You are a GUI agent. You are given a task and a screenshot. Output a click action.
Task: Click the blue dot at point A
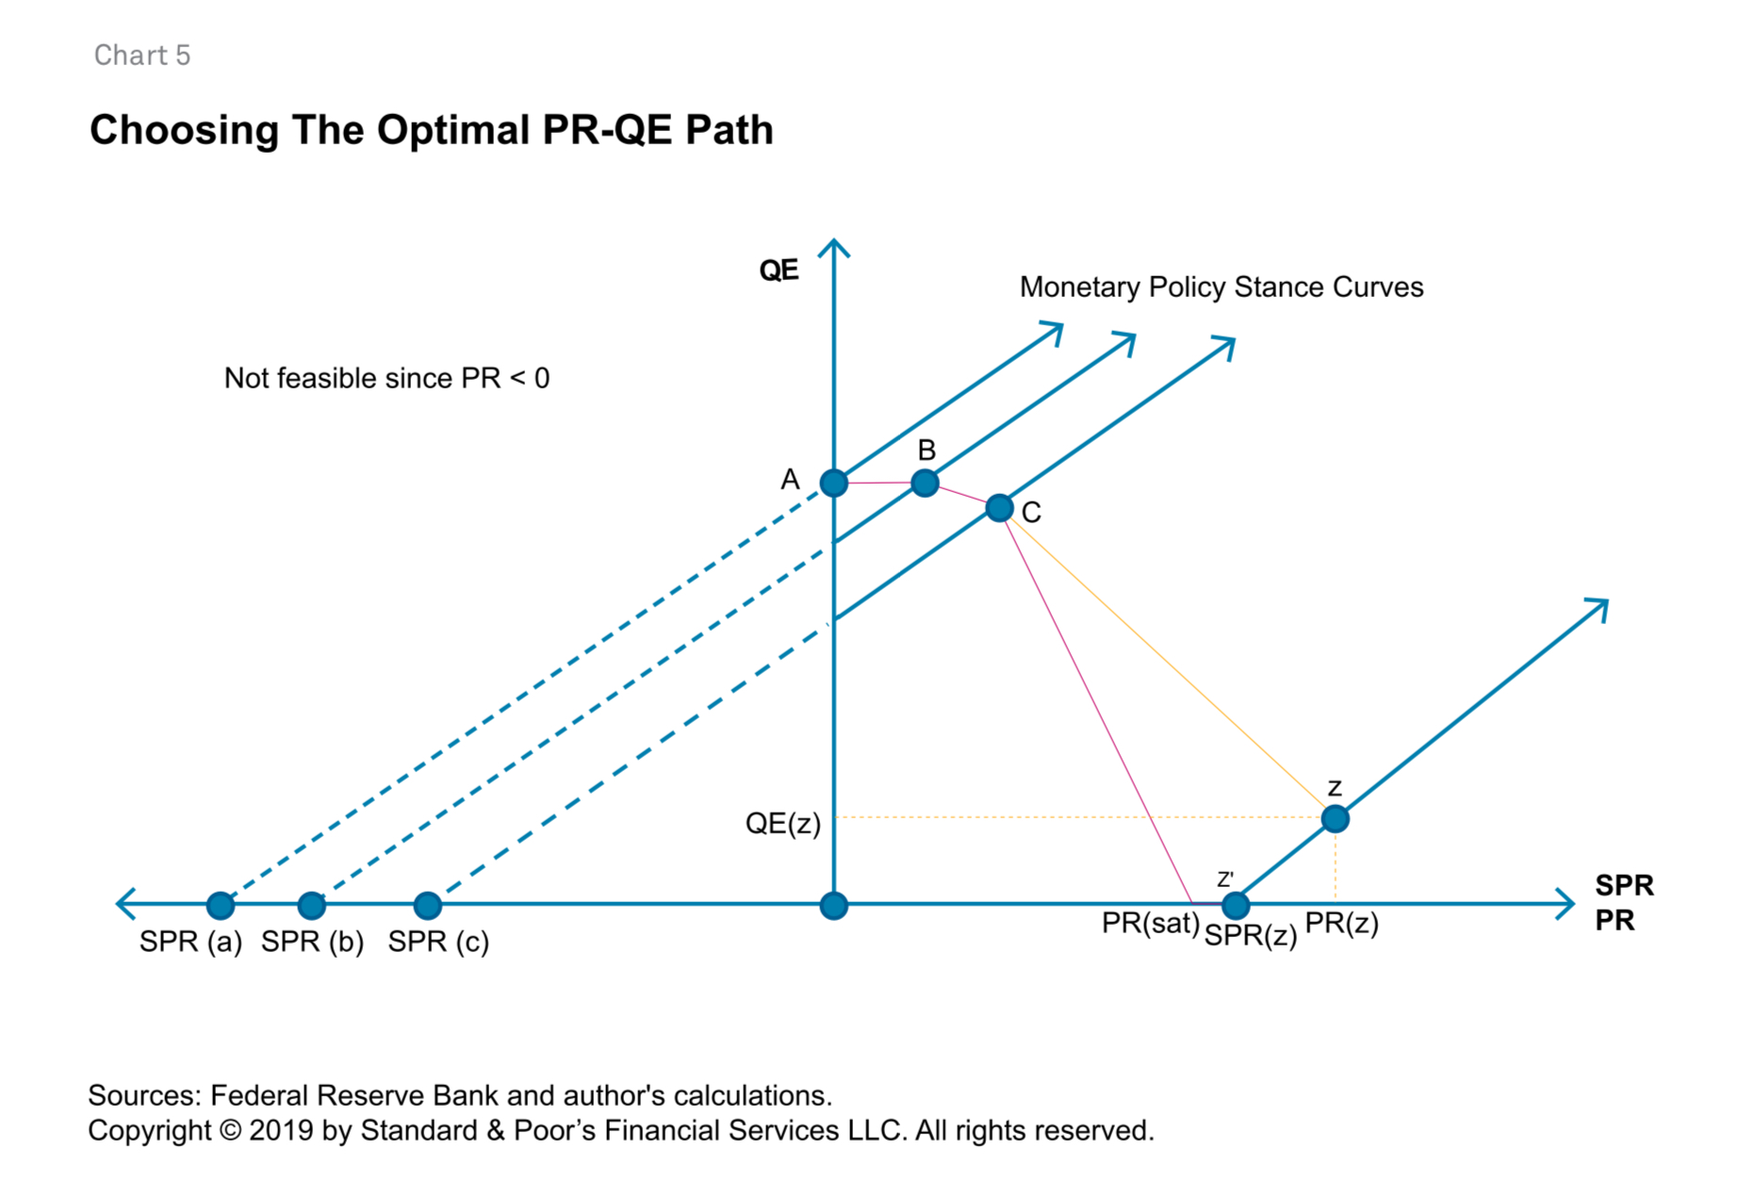(833, 484)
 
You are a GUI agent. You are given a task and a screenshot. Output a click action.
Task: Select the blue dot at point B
(926, 484)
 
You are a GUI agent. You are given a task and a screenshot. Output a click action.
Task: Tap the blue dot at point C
(999, 509)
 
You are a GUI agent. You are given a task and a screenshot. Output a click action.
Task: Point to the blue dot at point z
(1335, 819)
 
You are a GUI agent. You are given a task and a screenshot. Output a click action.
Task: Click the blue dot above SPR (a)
(221, 906)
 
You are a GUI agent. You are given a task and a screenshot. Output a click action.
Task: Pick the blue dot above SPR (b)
(312, 906)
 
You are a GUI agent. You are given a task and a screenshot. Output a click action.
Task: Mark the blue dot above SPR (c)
(428, 906)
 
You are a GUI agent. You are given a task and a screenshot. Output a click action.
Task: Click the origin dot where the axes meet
(833, 906)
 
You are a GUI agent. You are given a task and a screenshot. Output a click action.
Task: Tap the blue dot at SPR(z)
(1236, 906)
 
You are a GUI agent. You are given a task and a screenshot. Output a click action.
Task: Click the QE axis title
(779, 271)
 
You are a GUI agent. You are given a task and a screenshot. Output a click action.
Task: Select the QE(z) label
(782, 824)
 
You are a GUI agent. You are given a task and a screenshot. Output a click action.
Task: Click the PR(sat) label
(1150, 924)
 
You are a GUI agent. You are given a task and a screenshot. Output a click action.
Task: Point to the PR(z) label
(1341, 924)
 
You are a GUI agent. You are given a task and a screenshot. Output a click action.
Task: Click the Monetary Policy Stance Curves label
(1221, 287)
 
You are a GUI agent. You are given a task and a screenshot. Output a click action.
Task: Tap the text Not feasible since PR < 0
(386, 379)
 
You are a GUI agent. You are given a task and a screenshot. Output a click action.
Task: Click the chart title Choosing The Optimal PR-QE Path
(431, 130)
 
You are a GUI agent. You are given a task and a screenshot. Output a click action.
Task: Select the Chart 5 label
(142, 56)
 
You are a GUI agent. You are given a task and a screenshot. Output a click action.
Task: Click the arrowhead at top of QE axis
(834, 247)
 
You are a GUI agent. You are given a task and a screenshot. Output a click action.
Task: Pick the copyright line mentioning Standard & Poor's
(620, 1131)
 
